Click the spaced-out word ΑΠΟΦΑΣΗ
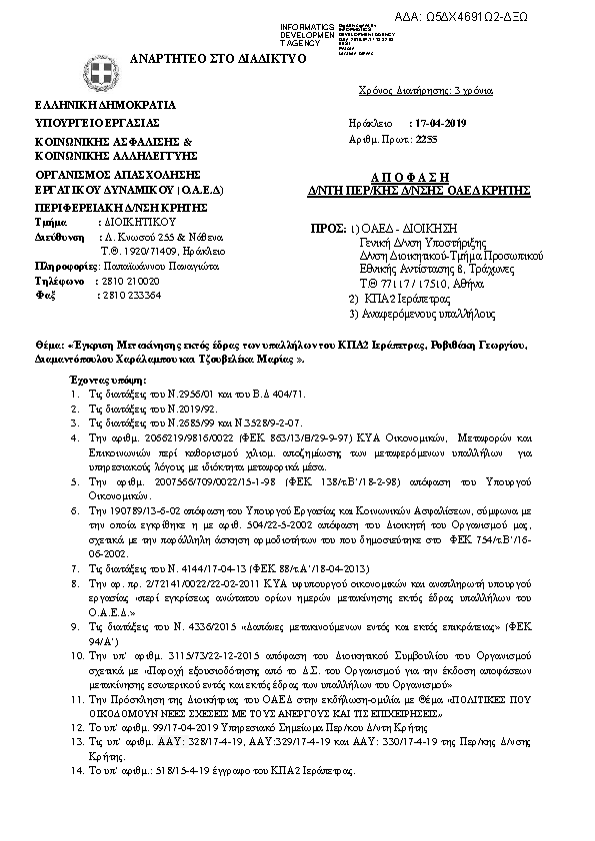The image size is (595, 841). point(445,173)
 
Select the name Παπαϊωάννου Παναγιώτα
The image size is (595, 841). point(147,268)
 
